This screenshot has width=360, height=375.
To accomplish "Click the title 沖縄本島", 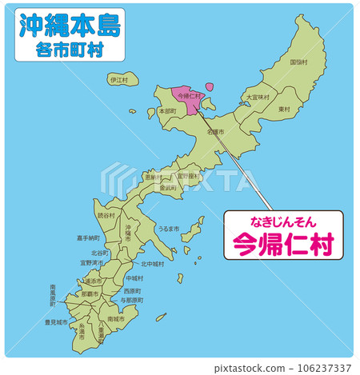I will point(69,26).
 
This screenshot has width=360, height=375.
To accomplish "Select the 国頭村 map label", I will point(299,62).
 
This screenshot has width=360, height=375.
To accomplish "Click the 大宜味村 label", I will point(258,98).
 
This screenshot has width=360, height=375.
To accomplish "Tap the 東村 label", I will point(283,109).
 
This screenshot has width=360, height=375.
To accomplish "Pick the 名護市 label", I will point(215,131).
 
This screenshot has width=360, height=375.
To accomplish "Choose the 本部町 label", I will point(168,112).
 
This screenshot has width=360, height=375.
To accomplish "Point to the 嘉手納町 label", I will point(88,237).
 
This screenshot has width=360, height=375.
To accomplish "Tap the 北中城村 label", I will point(152,264).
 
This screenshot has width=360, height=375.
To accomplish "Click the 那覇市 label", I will point(89,294).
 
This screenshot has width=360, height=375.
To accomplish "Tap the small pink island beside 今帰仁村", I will point(210,86).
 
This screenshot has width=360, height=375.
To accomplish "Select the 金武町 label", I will point(168,188).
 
